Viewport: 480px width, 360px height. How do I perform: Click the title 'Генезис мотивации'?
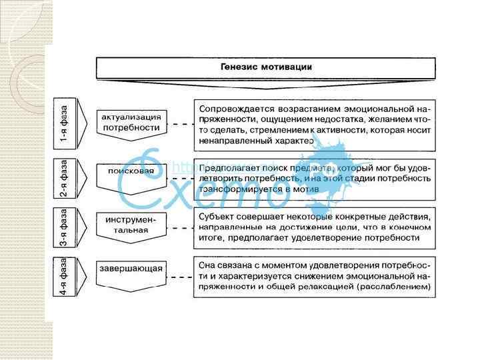[x=266, y=67]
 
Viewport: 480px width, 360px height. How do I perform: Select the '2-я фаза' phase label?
[x=64, y=179]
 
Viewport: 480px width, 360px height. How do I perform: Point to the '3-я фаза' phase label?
[x=64, y=229]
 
